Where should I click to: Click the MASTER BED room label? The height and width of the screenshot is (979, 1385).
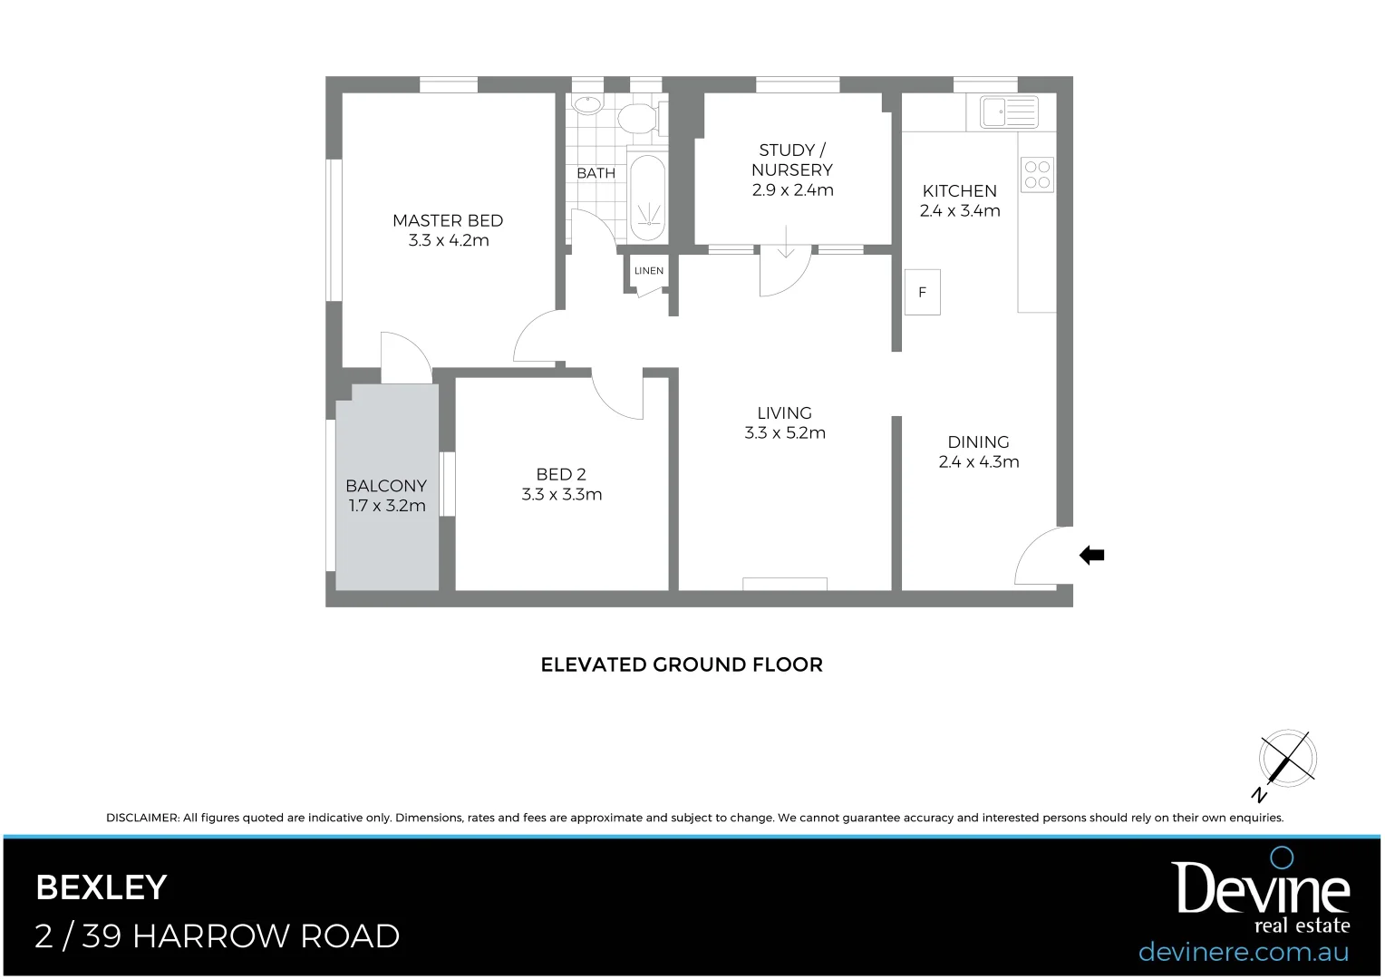(448, 220)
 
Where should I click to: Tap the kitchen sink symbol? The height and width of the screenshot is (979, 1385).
(1009, 112)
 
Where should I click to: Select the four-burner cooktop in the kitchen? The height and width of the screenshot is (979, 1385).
(1038, 175)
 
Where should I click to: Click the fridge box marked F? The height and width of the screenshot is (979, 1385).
(923, 292)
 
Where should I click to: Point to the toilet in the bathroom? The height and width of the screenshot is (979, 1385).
(638, 118)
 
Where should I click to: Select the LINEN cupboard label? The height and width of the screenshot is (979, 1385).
(649, 271)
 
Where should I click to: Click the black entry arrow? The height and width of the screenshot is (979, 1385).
(1092, 556)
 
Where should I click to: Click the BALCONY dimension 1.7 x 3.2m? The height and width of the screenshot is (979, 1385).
(387, 506)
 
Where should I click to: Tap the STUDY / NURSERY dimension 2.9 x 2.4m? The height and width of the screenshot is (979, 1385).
(792, 190)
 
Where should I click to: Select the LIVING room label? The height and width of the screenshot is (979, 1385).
(784, 413)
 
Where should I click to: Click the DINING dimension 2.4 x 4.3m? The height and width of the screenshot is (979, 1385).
(979, 462)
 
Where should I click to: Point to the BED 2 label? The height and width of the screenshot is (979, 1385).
(561, 474)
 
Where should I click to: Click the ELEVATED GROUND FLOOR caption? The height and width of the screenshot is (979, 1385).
(682, 664)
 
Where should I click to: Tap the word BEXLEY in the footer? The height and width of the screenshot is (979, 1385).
(102, 887)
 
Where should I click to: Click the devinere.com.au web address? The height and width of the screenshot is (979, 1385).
(1243, 952)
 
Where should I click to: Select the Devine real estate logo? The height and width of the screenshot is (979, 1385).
(1263, 893)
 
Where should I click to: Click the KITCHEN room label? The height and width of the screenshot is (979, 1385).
(959, 191)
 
